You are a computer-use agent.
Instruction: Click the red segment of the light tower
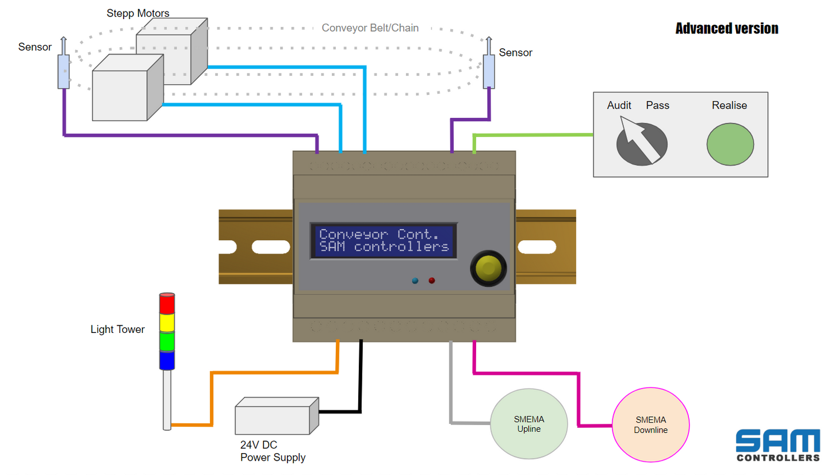(166, 304)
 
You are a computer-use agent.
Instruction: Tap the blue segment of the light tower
(166, 361)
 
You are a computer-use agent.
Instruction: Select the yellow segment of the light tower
(166, 323)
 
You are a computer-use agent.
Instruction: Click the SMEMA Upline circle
(529, 425)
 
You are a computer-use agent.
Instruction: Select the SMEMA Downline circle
(650, 425)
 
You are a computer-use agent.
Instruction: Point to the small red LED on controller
(431, 281)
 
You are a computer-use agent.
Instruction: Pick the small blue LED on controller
(415, 281)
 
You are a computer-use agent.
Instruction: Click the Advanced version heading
(726, 28)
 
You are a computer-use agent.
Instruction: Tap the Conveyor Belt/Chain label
(370, 28)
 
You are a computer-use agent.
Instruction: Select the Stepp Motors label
(138, 13)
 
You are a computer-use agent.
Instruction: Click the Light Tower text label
(117, 330)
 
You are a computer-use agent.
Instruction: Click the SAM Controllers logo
(778, 445)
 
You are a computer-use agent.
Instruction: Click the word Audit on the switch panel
(619, 105)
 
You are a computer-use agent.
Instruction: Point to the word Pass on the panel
(657, 105)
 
